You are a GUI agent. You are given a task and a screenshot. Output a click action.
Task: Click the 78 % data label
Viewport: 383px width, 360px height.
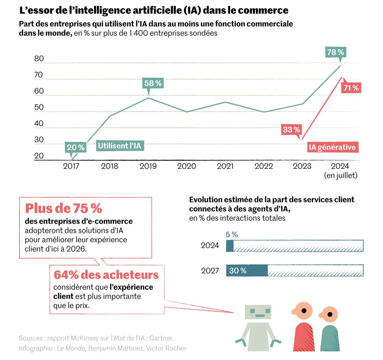(336, 52)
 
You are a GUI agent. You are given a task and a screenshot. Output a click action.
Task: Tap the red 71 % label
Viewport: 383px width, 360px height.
(351, 88)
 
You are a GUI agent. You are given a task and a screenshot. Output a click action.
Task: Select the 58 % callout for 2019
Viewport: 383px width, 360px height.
(152, 83)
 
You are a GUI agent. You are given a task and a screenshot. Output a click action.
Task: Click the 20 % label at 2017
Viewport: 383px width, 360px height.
(75, 147)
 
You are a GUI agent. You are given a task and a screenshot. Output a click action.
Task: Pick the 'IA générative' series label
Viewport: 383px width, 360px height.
(332, 147)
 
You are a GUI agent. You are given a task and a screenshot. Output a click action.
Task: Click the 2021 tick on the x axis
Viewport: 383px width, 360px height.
(225, 166)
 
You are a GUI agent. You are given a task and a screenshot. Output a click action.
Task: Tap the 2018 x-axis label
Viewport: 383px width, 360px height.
(110, 166)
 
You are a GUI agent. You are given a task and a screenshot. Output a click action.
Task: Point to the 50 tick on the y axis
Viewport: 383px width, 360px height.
(39, 108)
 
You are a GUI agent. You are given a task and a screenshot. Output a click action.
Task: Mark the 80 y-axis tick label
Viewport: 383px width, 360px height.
(39, 59)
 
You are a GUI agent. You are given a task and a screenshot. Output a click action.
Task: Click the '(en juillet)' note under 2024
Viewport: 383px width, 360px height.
(340, 176)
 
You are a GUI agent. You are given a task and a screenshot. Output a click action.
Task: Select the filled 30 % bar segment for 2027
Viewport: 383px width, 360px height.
(247, 270)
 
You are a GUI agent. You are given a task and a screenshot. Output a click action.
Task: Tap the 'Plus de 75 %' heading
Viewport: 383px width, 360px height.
(64, 209)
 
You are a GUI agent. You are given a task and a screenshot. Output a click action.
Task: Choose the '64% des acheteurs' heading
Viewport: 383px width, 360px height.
(106, 275)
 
